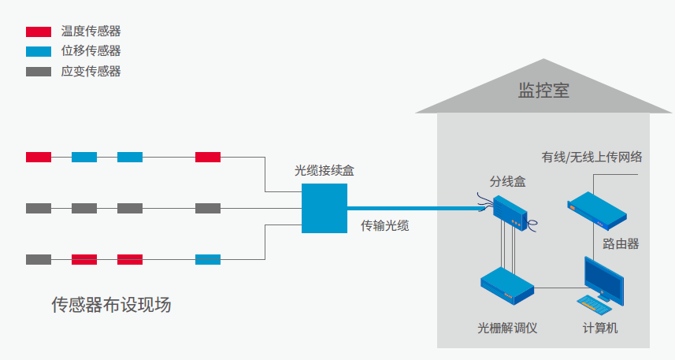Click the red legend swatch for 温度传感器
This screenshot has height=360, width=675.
tap(39, 32)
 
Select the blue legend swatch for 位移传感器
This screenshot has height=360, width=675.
tap(39, 51)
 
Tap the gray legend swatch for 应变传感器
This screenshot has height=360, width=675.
tap(39, 71)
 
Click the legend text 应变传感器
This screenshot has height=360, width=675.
tap(91, 71)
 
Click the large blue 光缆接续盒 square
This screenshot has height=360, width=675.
tap(325, 208)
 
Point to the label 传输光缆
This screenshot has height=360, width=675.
tap(384, 226)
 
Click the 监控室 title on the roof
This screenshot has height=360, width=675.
tap(543, 90)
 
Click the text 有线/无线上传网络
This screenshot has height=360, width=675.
tap(592, 156)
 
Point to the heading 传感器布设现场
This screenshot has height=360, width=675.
tap(111, 305)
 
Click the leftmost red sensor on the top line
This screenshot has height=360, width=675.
tap(39, 157)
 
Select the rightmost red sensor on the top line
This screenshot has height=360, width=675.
tap(208, 157)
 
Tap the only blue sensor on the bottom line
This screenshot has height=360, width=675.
tap(208, 259)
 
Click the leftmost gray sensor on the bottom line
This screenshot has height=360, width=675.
tap(39, 259)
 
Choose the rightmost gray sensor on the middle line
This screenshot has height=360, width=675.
tap(208, 208)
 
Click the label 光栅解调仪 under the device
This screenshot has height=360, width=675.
tap(507, 328)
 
